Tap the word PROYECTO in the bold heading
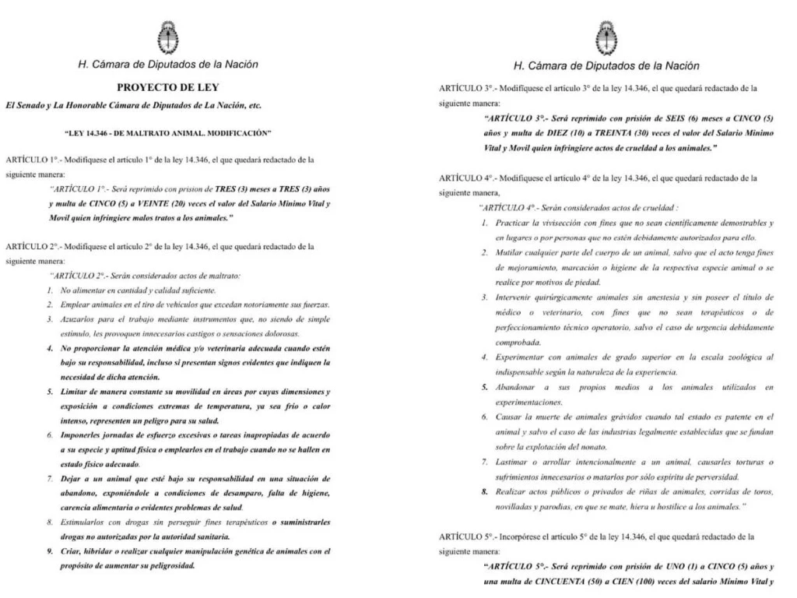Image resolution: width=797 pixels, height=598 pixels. pyautogui.click(x=145, y=87)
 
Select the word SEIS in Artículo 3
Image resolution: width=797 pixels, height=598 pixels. pyautogui.click(x=676, y=118)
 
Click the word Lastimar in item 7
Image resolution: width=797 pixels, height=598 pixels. pyautogui.click(x=514, y=462)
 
